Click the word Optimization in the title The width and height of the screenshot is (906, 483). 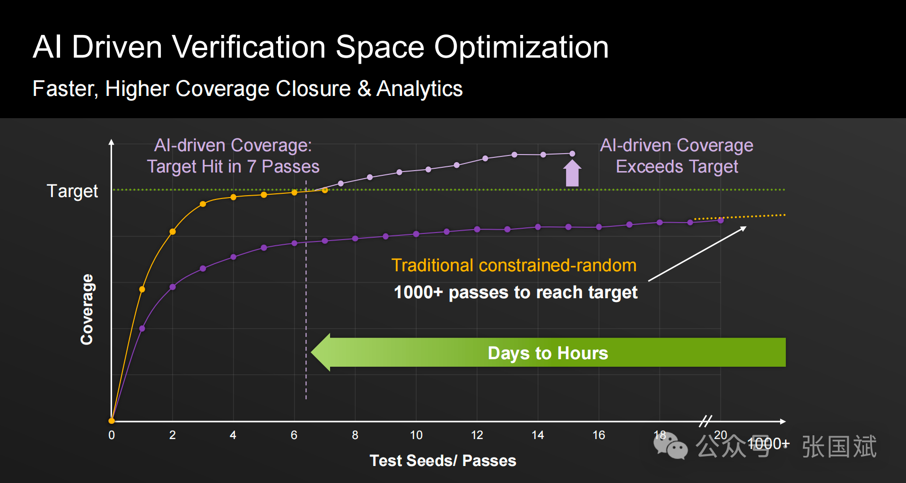click(x=521, y=47)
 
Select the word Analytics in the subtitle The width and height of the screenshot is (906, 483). click(x=419, y=89)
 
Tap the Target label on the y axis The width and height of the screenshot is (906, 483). click(x=72, y=191)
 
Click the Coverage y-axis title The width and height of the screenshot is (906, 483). click(x=87, y=310)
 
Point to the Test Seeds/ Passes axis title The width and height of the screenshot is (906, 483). click(x=443, y=460)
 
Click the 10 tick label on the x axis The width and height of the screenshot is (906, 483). click(x=416, y=435)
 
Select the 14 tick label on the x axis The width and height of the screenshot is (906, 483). click(x=538, y=435)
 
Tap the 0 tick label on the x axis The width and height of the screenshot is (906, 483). click(x=112, y=435)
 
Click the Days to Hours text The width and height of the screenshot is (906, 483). click(x=548, y=353)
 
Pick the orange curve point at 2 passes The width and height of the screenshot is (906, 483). click(x=173, y=232)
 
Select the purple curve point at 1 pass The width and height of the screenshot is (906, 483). click(x=142, y=328)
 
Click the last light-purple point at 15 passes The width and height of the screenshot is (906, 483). click(x=572, y=154)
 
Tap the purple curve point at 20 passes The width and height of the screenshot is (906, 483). click(x=721, y=220)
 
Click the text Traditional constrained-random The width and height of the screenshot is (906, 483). click(x=514, y=266)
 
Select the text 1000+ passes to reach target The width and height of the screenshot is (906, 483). click(x=515, y=293)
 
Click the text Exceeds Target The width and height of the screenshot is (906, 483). click(x=677, y=167)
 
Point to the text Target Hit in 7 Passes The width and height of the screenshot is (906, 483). click(x=233, y=167)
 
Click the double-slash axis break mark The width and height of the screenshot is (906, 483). click(x=706, y=421)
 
